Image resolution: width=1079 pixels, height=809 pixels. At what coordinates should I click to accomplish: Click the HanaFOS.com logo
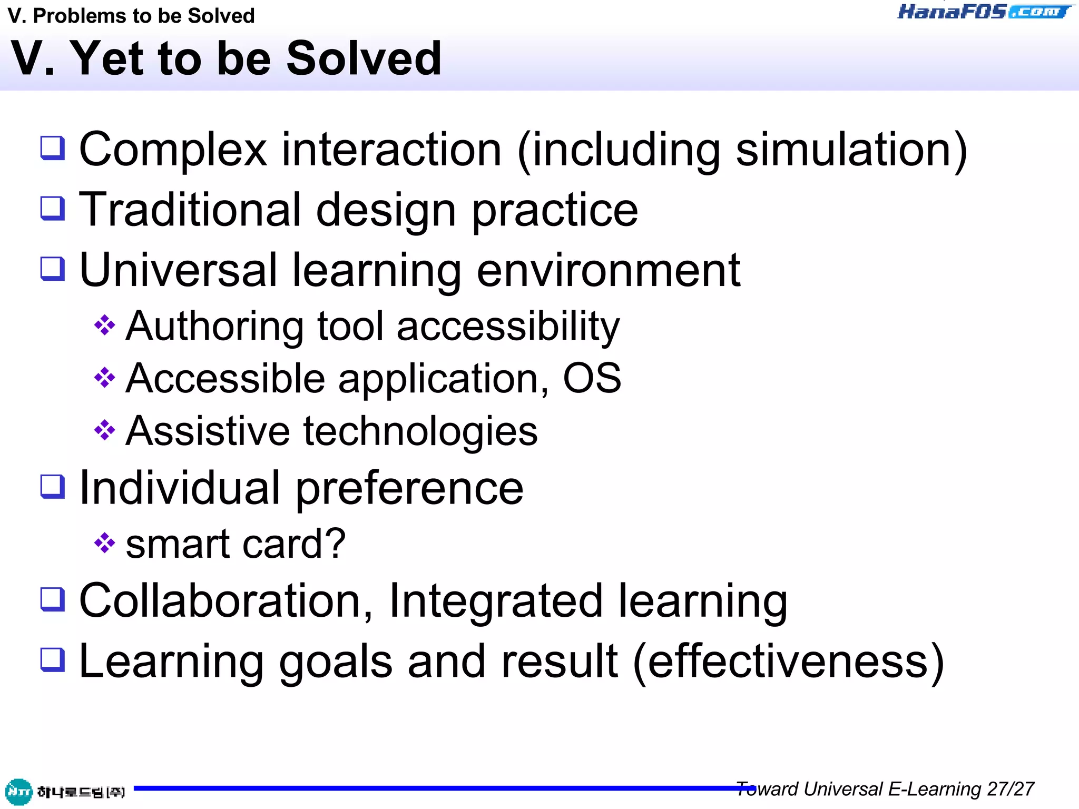click(984, 12)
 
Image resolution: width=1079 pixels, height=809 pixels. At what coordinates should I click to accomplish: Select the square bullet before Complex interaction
click(53, 148)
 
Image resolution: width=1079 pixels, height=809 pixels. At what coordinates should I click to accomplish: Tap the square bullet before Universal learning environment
click(53, 269)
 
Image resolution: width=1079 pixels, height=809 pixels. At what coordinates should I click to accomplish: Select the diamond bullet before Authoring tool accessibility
click(104, 325)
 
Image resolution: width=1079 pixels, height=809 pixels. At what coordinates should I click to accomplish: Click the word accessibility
click(508, 327)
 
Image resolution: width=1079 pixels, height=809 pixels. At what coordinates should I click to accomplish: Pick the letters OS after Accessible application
click(592, 378)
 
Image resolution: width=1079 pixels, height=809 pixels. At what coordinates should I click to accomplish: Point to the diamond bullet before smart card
click(104, 543)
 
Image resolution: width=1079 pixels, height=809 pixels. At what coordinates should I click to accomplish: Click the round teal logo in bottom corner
click(19, 792)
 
